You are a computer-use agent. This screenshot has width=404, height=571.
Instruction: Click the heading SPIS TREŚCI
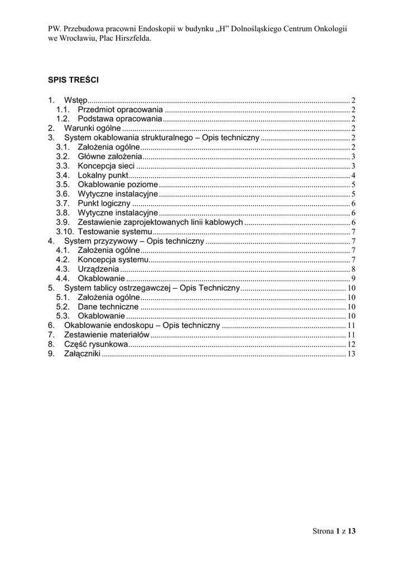pos(73,80)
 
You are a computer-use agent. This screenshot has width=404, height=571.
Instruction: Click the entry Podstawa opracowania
pos(119,119)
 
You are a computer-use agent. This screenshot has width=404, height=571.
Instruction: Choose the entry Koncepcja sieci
pos(106,166)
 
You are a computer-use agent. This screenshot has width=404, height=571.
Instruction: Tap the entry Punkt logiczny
pos(104,204)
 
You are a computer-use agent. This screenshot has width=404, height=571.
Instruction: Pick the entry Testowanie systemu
pos(114,231)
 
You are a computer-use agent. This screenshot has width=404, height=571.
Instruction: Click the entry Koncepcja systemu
pos(113,260)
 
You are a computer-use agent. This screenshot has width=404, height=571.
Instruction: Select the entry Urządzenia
pos(98,269)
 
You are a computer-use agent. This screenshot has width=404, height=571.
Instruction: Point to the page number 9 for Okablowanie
pos(353,279)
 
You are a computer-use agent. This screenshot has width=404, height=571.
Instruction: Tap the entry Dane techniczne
pos(108,307)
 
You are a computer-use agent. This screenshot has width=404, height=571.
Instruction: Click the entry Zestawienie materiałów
pos(107,335)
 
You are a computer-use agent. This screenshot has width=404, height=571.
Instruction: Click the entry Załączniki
pos(82,354)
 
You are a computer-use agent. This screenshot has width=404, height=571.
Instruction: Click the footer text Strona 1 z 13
pos(333,531)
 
